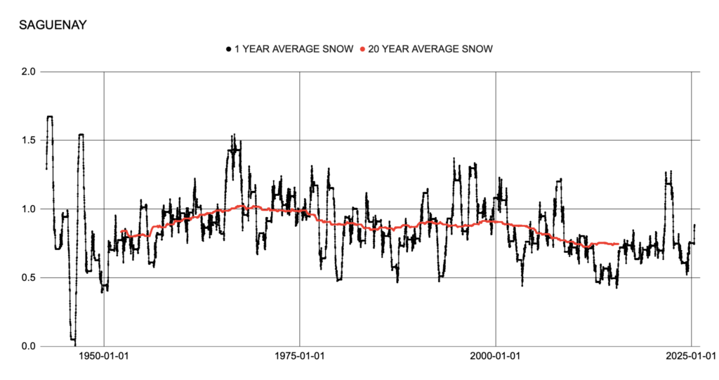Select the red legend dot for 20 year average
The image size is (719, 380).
362,49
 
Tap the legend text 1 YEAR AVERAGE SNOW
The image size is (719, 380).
293,49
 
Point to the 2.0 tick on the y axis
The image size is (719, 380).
29,72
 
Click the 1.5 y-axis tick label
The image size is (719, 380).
29,140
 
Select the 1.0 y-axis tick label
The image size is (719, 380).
29,209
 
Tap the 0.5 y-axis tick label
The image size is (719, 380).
29,277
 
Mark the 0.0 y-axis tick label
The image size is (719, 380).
29,346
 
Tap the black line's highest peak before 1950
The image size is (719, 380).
49,117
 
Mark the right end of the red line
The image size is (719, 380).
617,244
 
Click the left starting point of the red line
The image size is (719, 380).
121,231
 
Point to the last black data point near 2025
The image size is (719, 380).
694,225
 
